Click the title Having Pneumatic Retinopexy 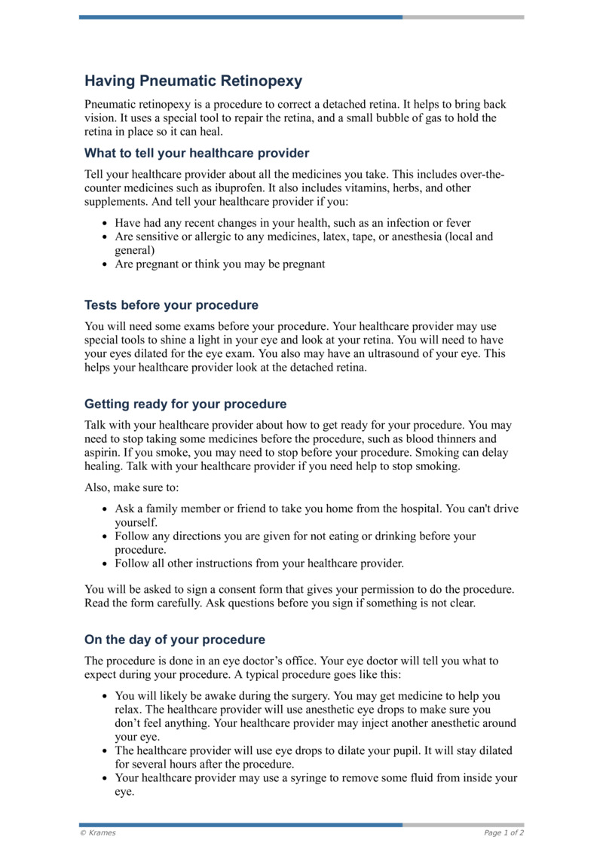pos(193,81)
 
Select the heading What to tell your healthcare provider pos(197,154)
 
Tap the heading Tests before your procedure pos(171,305)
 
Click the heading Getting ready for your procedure pos(185,404)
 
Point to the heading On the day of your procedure pos(175,640)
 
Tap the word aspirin pos(103,452)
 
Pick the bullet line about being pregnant pos(219,264)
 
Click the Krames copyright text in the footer pos(98,832)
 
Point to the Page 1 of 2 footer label pos(504,832)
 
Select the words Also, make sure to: pos(132,487)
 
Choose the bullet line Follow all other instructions pos(259,563)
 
